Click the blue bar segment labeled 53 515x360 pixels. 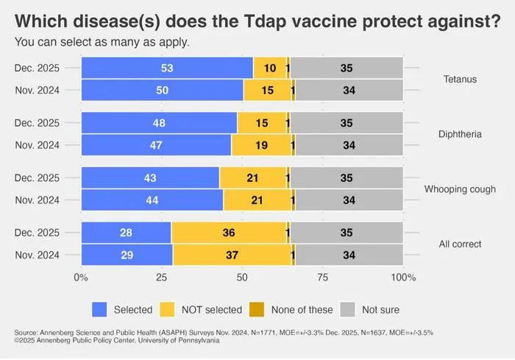pyautogui.click(x=167, y=68)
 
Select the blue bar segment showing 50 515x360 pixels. pyautogui.click(x=163, y=90)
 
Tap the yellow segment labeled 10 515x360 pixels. pyautogui.click(x=270, y=68)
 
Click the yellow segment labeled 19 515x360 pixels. pyautogui.click(x=261, y=145)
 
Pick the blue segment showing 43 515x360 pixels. pyautogui.click(x=150, y=177)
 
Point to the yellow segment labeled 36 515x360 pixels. pyautogui.click(x=229, y=233)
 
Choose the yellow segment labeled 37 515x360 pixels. pyautogui.click(x=232, y=255)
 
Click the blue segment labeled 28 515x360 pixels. pyautogui.click(x=127, y=233)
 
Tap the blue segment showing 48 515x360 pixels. pyautogui.click(x=160, y=123)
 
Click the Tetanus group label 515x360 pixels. pyautogui.click(x=460, y=80)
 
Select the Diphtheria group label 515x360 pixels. pyautogui.click(x=460, y=134)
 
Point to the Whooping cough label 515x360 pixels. pyautogui.click(x=460, y=189)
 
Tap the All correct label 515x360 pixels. pyautogui.click(x=460, y=244)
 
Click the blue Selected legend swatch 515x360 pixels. pyautogui.click(x=99, y=309)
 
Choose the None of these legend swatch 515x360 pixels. pyautogui.click(x=257, y=309)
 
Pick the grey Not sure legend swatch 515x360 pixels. pyautogui.click(x=347, y=309)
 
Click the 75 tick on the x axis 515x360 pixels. pyautogui.click(x=322, y=278)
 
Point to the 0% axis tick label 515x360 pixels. pyautogui.click(x=81, y=278)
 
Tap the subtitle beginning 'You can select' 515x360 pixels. pyautogui.click(x=102, y=42)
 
